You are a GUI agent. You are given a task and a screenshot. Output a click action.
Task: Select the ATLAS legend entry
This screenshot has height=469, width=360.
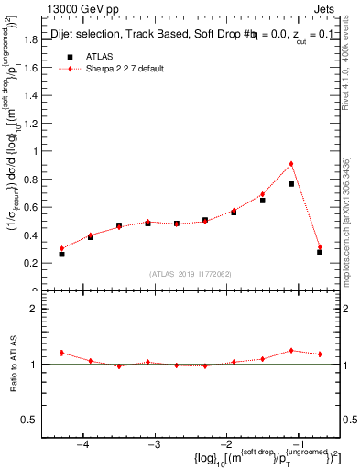click(x=96, y=56)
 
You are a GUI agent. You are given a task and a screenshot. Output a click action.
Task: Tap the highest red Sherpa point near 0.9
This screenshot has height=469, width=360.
click(x=291, y=164)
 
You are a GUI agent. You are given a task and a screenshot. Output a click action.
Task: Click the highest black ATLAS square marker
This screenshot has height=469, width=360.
click(x=291, y=184)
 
